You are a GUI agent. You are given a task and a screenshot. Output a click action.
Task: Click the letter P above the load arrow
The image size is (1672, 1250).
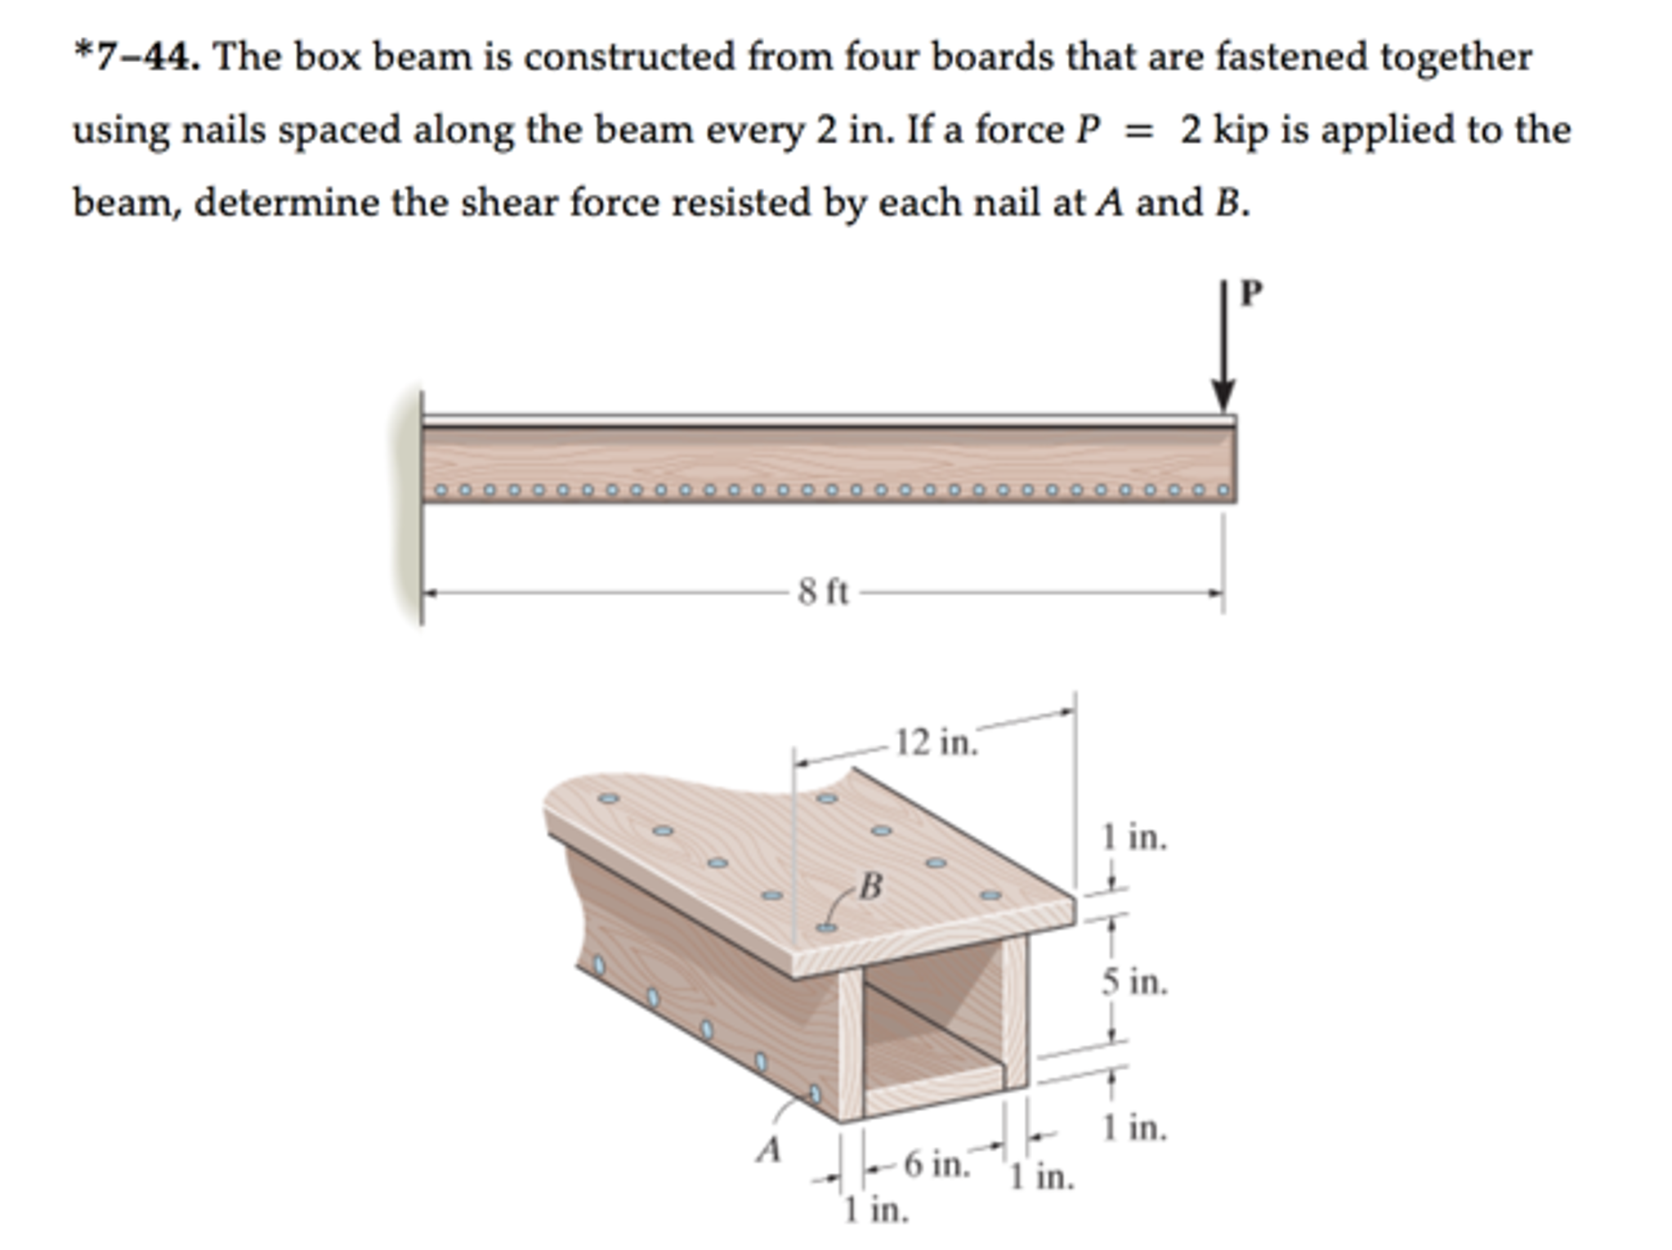point(1250,293)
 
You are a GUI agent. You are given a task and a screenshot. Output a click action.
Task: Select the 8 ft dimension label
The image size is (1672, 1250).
point(824,592)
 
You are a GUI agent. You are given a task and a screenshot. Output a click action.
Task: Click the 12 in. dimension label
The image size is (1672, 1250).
point(936,742)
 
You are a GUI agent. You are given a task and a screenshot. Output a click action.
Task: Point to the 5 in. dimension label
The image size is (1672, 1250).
point(1134,982)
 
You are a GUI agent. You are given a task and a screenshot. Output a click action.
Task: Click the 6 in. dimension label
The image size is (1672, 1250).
point(937,1163)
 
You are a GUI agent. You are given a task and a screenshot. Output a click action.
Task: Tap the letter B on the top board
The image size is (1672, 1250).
point(871,885)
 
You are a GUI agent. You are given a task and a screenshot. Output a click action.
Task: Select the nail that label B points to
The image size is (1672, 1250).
point(827,928)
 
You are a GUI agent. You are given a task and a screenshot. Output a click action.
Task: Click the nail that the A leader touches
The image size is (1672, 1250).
point(814,1094)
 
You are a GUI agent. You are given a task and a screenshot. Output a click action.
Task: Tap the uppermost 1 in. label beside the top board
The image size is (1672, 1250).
point(1133,837)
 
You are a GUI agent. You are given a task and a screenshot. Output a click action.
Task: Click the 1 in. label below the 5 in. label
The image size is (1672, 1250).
point(1133,1128)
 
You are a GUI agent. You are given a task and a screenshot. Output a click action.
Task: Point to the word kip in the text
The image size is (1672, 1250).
point(1241,130)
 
